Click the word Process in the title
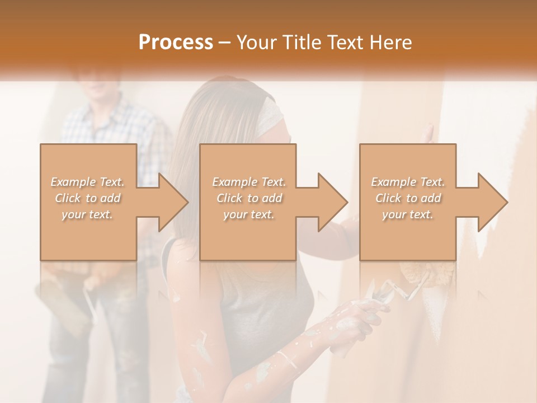(176, 43)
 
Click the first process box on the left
(88, 235)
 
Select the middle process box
(248, 235)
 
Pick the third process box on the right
(407, 235)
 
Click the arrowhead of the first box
(173, 202)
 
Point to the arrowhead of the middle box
(333, 202)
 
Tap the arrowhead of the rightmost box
(493, 202)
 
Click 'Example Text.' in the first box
(88, 182)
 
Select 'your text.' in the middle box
(249, 214)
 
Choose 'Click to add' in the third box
(408, 198)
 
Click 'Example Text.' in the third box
(408, 182)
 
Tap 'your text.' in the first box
(87, 214)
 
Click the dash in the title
(225, 43)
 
